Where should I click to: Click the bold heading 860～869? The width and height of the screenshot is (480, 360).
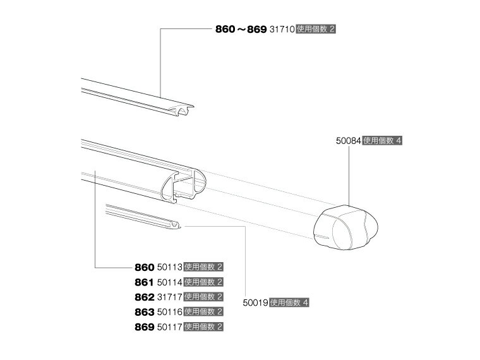click(241, 30)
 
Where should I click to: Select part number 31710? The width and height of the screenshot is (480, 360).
click(282, 30)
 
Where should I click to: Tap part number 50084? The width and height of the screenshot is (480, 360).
click(349, 141)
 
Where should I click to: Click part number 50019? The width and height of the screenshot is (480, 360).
click(255, 303)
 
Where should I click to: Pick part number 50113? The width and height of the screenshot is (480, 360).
click(170, 267)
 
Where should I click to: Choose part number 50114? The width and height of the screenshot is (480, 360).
click(170, 282)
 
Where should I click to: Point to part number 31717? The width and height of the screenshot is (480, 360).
click(170, 297)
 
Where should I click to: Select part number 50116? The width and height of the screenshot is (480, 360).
click(170, 312)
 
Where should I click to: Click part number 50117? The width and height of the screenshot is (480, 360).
click(170, 327)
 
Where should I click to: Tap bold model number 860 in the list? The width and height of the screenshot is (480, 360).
click(144, 268)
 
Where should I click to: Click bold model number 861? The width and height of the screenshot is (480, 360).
click(144, 282)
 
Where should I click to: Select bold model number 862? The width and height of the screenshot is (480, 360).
click(144, 297)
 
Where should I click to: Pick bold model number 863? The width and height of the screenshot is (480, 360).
click(144, 312)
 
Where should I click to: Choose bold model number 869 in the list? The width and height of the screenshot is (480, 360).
click(144, 327)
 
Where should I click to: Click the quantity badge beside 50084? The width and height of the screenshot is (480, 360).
click(382, 141)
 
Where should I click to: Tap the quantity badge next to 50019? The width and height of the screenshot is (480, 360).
click(289, 303)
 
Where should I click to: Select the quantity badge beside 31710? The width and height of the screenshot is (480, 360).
click(316, 30)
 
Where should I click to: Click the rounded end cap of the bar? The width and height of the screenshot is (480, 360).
click(345, 227)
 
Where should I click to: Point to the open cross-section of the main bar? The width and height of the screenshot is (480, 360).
click(184, 186)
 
